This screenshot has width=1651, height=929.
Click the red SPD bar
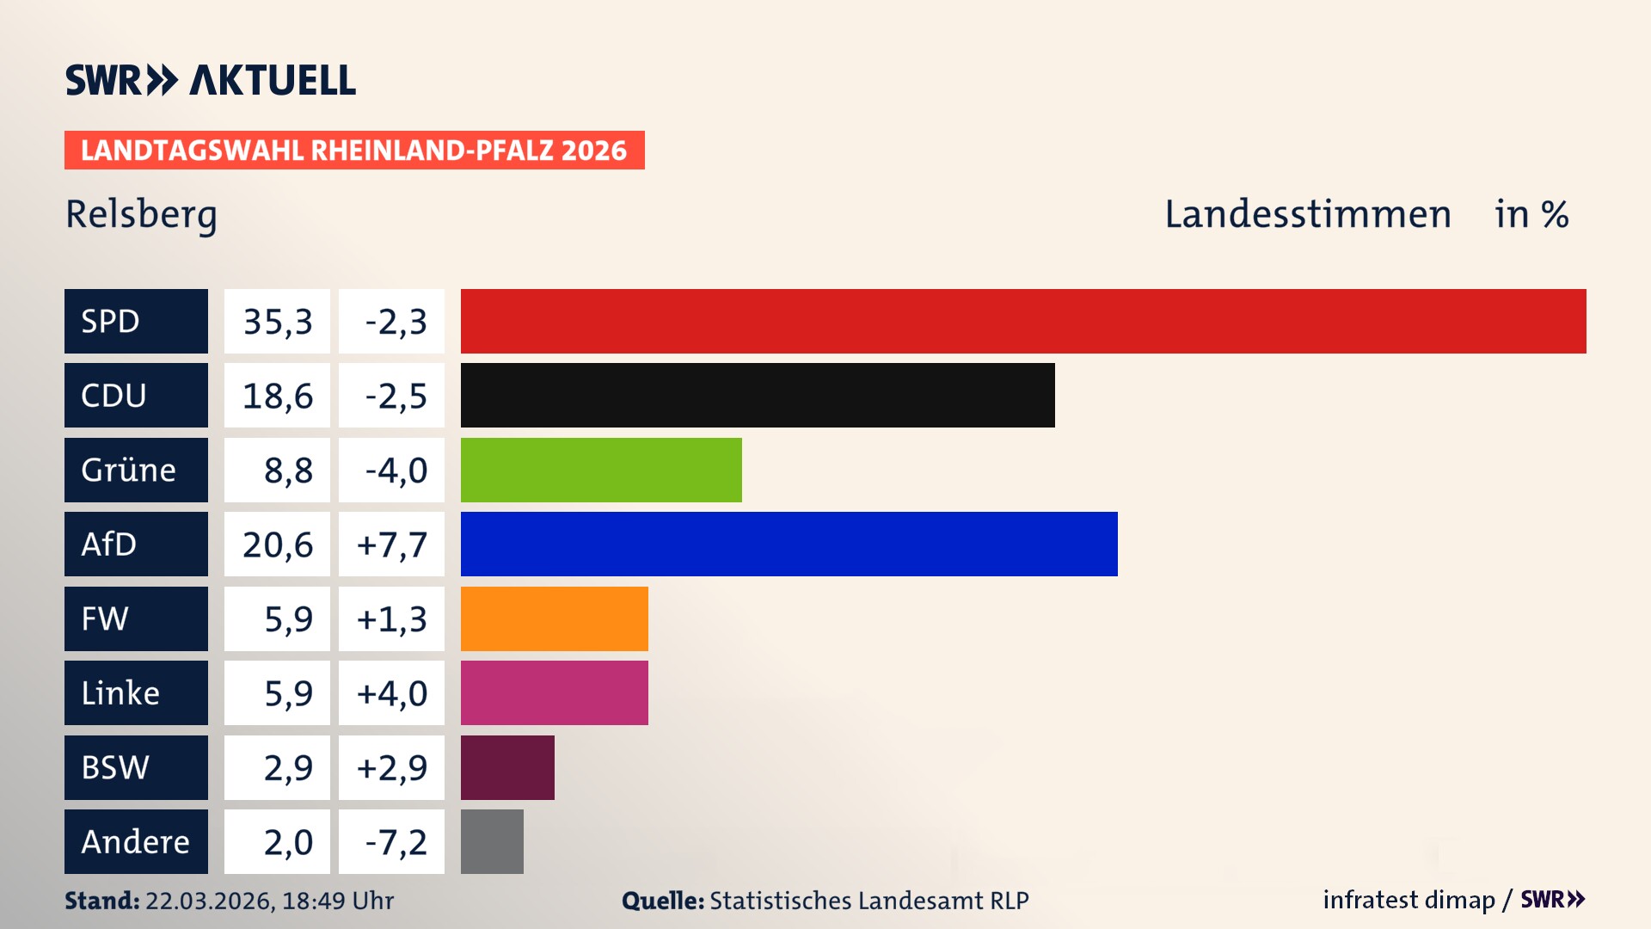pyautogui.click(x=1023, y=321)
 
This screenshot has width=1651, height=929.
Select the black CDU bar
pyautogui.click(x=758, y=396)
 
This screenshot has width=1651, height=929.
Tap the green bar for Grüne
pyautogui.click(x=601, y=470)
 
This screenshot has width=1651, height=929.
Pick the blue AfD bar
pyautogui.click(x=789, y=544)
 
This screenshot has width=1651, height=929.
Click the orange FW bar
pyautogui.click(x=554, y=618)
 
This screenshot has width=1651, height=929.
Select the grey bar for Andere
pyautogui.click(x=492, y=841)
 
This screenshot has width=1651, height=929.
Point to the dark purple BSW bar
pyautogui.click(x=507, y=767)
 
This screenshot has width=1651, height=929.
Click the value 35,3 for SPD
pyautogui.click(x=277, y=322)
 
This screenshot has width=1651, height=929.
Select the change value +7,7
pyautogui.click(x=391, y=544)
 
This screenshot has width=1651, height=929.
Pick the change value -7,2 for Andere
pyautogui.click(x=395, y=842)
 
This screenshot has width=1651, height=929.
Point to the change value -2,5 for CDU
pyautogui.click(x=395, y=396)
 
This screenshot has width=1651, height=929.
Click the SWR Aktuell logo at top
pyautogui.click(x=211, y=80)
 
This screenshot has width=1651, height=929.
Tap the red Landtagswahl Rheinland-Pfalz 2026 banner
pyautogui.click(x=354, y=151)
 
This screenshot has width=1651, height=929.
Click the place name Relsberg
pyautogui.click(x=141, y=215)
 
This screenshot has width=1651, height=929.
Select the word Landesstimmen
pyautogui.click(x=1307, y=214)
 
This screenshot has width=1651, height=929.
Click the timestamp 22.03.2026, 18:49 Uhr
pyautogui.click(x=269, y=901)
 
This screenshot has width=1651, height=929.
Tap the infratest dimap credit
pyautogui.click(x=1408, y=900)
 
